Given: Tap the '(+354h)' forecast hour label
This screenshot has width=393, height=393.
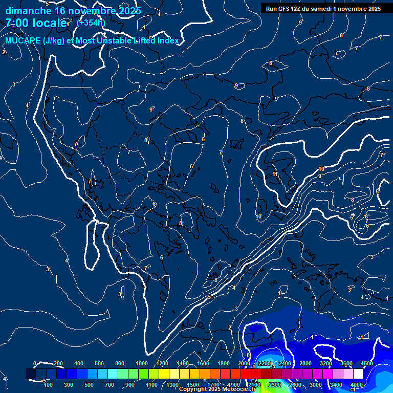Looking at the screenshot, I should pyautogui.click(x=91, y=23).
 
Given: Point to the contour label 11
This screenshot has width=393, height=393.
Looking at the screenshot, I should pyautogui.click(x=275, y=174).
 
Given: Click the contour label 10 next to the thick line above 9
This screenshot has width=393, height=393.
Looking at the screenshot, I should pyautogui.click(x=321, y=169).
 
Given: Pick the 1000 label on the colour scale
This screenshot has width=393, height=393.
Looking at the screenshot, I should pyautogui.click(x=142, y=363).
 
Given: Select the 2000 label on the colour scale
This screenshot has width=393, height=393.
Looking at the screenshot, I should pyautogui.click(x=244, y=363).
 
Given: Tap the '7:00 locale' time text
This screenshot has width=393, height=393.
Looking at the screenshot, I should pyautogui.click(x=36, y=23).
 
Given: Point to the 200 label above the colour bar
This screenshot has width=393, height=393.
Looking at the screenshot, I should pyautogui.click(x=58, y=363).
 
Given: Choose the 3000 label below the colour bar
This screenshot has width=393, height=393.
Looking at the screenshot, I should pyautogui.click(x=316, y=385).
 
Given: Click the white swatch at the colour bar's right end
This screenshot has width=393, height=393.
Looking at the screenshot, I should pyautogui.click(x=358, y=374).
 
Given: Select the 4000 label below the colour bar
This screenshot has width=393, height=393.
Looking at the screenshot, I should pyautogui.click(x=357, y=385).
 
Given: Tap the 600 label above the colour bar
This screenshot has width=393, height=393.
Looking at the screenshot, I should pyautogui.click(x=99, y=363).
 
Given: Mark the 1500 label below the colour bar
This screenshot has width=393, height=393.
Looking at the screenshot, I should pyautogui.click(x=193, y=385).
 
